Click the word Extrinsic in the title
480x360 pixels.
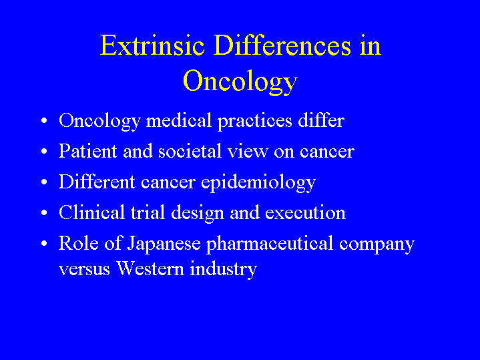pos(152,45)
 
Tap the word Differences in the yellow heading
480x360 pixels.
pos(282,45)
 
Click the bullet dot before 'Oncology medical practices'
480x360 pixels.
pos(44,120)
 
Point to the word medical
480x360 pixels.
pos(179,120)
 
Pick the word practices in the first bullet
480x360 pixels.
pos(255,122)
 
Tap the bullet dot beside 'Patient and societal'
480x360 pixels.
pos(44,152)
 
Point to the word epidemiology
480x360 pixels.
pos(258,183)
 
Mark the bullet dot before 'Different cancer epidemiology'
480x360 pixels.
pos(44,182)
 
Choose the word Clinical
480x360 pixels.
pos(92,212)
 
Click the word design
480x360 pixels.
pos(198,214)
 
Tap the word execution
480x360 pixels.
pos(305,213)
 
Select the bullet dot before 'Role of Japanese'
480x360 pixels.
pos(44,243)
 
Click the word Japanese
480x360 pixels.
pos(164,244)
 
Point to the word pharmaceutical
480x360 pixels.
pos(270,244)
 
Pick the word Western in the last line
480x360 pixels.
pos(150,268)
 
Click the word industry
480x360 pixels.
pos(223,270)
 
